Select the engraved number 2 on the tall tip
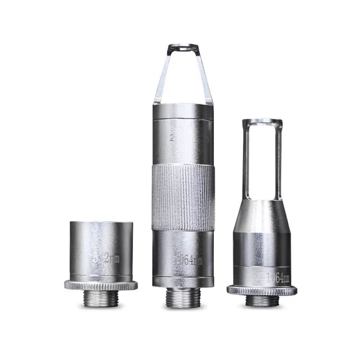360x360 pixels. pos(171,138)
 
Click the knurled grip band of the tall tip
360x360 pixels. pos(182,198)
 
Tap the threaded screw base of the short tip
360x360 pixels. pos(101,298)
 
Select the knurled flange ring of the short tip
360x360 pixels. pos(101,285)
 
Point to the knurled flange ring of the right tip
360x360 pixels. pos(261,290)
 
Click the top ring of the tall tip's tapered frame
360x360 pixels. pos(183,47)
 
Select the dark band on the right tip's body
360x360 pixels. pos(262,250)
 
